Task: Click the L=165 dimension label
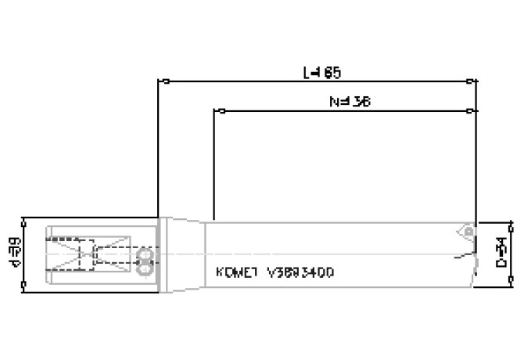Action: (321, 72)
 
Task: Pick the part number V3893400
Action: (300, 274)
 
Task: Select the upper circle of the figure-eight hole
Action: (144, 256)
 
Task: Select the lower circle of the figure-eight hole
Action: (144, 268)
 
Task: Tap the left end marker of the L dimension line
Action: (160, 81)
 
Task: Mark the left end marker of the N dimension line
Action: (214, 111)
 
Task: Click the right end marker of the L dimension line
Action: (471, 81)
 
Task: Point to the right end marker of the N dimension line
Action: (471, 111)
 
